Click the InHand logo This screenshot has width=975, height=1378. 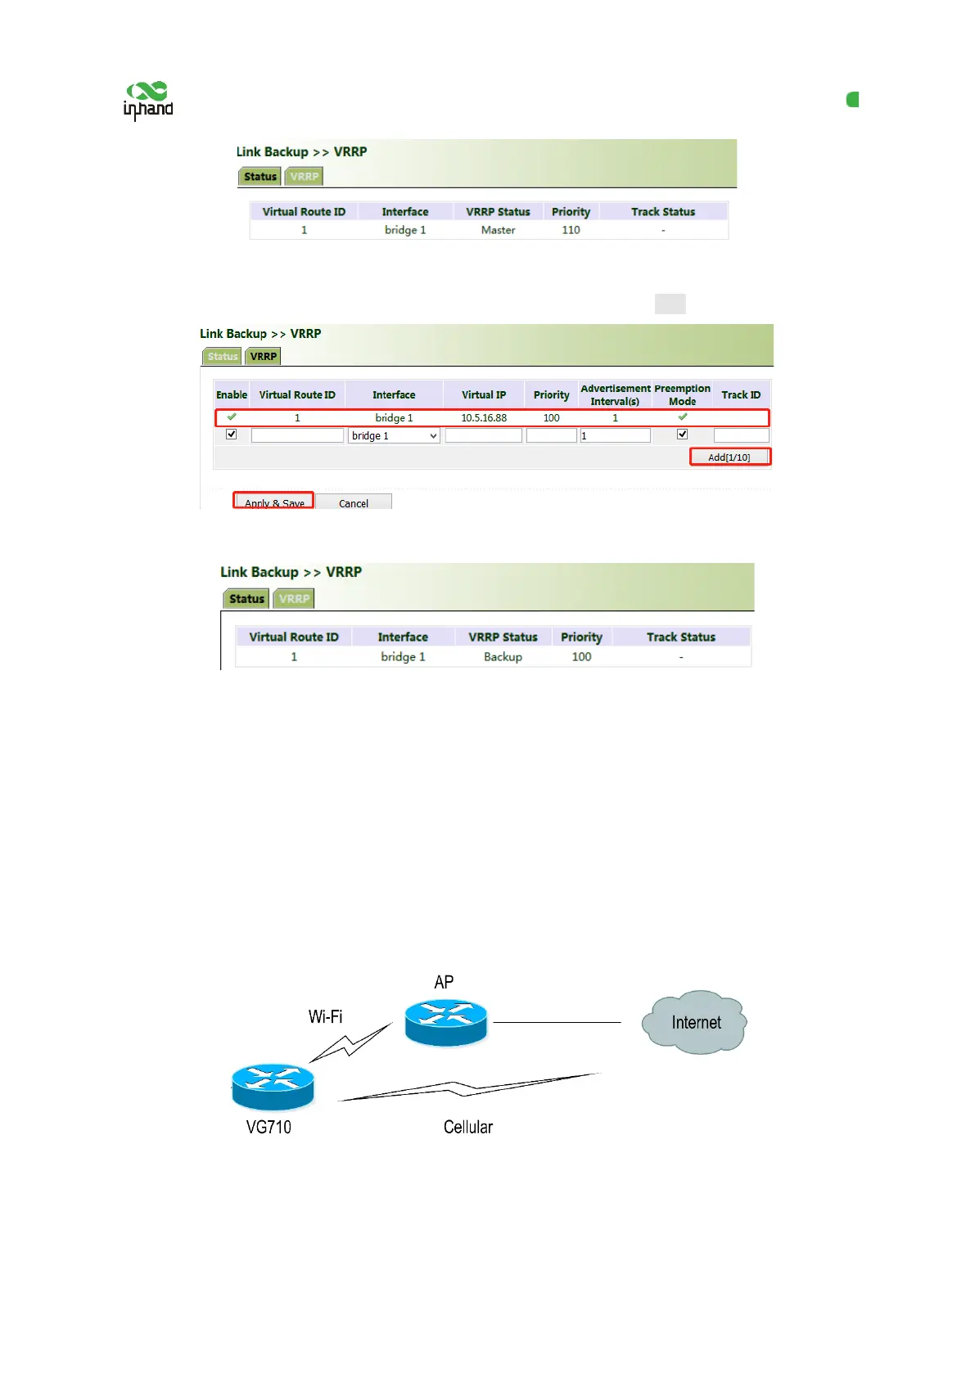[148, 101]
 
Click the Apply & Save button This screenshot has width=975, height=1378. [273, 501]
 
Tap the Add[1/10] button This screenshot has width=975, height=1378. [729, 457]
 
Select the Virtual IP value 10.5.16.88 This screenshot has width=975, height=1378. [484, 418]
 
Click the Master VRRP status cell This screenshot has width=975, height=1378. [498, 231]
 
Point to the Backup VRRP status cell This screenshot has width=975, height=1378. [503, 657]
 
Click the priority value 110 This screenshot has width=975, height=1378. [571, 231]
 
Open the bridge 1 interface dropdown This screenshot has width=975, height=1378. [394, 436]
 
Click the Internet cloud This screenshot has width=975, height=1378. [695, 1022]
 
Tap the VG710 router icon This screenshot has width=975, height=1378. [273, 1086]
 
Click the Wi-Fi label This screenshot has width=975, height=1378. [325, 1017]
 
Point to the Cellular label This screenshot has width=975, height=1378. [468, 1128]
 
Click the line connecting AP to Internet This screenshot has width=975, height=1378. [557, 1022]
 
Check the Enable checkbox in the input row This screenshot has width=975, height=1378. [232, 435]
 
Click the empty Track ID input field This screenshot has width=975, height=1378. [741, 436]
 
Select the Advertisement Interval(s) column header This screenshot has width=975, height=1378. [615, 394]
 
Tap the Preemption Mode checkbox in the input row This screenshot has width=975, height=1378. [682, 435]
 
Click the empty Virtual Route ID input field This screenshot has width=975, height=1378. [297, 436]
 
